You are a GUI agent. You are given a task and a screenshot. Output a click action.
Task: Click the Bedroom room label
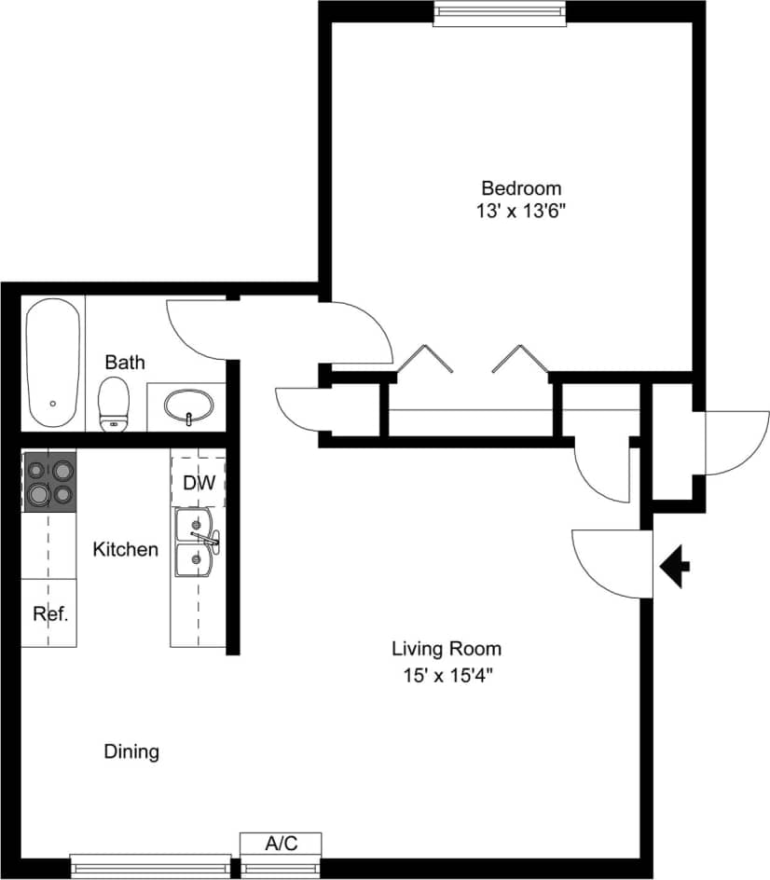[520, 186]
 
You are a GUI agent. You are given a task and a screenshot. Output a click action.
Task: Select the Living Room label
[446, 649]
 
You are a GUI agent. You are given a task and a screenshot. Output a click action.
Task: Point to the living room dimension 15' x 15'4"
[446, 673]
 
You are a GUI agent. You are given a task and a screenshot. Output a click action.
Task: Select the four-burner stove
[48, 481]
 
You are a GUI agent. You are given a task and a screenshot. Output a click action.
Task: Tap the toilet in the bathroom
[114, 403]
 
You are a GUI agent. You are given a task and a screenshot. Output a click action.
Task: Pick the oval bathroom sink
[188, 406]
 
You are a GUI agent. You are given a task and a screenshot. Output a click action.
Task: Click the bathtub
[53, 363]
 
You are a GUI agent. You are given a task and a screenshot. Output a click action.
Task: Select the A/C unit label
[281, 844]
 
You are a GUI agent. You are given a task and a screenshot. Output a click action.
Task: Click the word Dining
[131, 751]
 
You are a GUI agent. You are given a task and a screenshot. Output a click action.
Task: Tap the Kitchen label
[126, 550]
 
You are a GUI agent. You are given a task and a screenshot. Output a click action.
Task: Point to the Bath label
[124, 362]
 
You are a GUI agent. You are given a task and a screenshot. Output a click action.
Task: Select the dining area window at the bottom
[150, 864]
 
